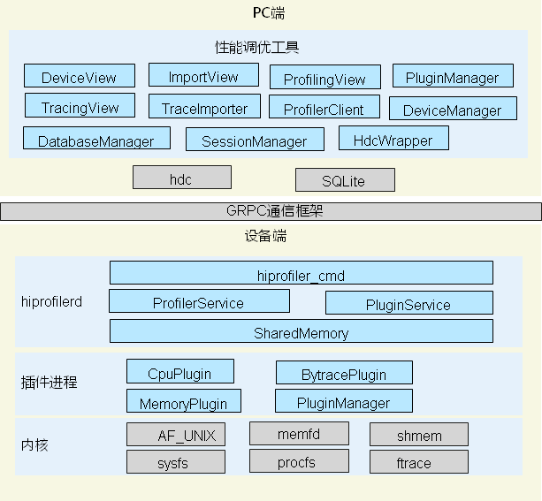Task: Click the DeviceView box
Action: coord(79,76)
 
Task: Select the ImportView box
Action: coord(203,75)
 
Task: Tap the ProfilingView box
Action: coord(324,78)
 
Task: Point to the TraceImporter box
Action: coord(204,107)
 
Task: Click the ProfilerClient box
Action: coord(324,108)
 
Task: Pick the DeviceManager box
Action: coord(452,109)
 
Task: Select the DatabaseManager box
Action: coord(95,139)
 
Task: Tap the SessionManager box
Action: coord(254,140)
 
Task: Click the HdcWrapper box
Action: coord(393,139)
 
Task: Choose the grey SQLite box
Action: coord(345,180)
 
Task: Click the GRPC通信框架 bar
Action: coord(271,211)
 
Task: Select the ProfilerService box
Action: coord(199,301)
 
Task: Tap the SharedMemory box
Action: coord(301,331)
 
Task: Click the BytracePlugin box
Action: coord(344,373)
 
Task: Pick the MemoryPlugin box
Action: coord(183,402)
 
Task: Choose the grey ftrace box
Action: coord(418,462)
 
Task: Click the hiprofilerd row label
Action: coord(51,301)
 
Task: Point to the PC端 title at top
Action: coord(269,13)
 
